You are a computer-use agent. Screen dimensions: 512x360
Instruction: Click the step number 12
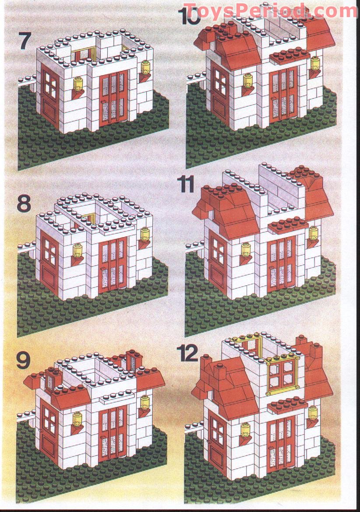[x=189, y=353]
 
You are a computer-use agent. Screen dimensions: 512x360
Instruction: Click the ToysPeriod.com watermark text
[x=270, y=11]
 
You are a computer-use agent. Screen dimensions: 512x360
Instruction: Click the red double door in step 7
[x=113, y=99]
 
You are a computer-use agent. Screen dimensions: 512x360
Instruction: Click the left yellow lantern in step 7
[x=79, y=84]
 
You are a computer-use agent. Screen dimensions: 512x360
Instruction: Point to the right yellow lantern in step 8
[x=145, y=234]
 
